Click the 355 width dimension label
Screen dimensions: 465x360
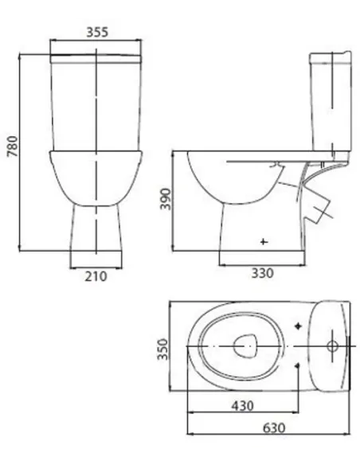tap(96, 32)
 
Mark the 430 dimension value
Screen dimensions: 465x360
tap(242, 405)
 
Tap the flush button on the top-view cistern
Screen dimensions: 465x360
tap(332, 346)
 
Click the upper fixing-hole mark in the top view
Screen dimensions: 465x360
tap(298, 326)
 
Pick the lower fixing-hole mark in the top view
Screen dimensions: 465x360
tap(298, 366)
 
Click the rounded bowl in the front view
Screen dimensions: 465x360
tap(96, 175)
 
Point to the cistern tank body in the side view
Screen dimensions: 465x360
tap(329, 104)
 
